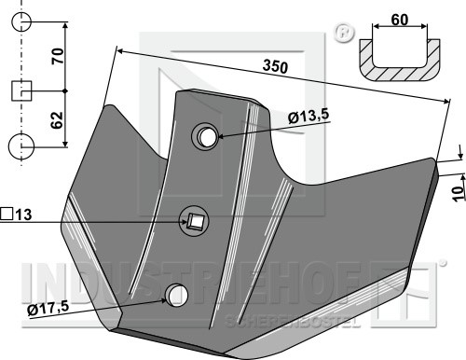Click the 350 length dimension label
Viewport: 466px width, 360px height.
275,67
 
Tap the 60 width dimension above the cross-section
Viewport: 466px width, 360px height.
400,20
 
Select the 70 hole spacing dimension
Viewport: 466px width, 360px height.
58,56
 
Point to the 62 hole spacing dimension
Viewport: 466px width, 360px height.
57,120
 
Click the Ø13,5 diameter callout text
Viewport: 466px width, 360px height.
308,117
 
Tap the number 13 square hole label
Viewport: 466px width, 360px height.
23,215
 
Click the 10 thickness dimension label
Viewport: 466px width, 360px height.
459,194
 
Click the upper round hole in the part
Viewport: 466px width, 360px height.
205,137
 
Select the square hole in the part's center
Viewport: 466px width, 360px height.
195,221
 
